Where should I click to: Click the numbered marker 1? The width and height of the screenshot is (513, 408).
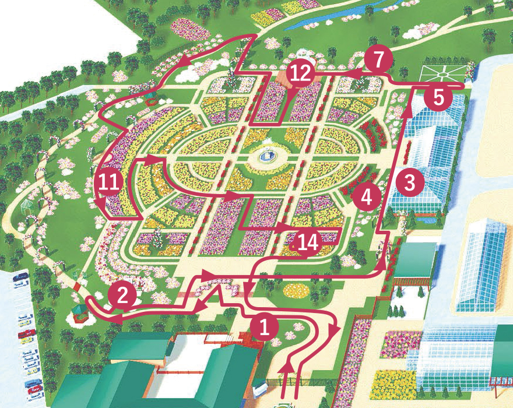(x=265, y=327)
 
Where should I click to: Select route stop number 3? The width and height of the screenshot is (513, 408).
(x=410, y=183)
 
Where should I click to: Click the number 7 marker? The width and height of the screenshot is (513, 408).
(x=378, y=61)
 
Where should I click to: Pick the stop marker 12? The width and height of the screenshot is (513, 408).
(x=301, y=73)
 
